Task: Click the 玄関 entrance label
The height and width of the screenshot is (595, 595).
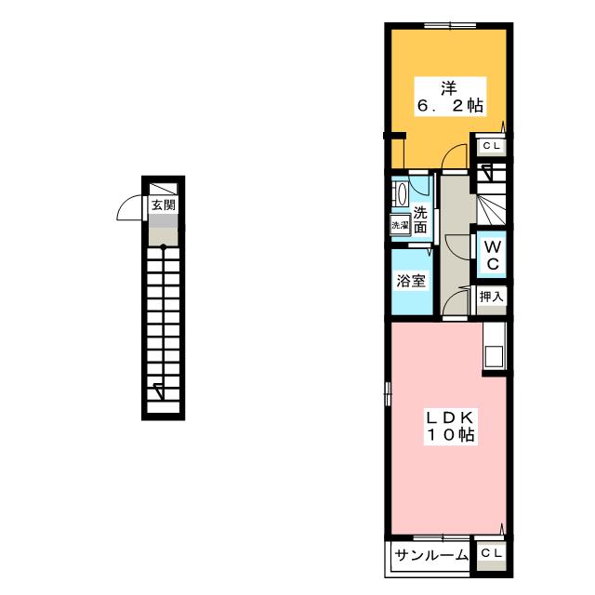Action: tap(163, 205)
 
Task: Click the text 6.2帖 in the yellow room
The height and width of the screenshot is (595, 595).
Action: tap(448, 108)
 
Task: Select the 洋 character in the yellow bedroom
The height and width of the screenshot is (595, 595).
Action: tap(449, 89)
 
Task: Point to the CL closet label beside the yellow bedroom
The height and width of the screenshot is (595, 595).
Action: tap(492, 146)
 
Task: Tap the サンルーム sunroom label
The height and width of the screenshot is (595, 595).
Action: tap(430, 556)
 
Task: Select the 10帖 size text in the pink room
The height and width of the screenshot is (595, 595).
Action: tap(450, 434)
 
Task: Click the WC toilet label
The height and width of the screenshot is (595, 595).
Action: tap(493, 256)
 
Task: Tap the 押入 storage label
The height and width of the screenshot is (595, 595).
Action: tap(492, 297)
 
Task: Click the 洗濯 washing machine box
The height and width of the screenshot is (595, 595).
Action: tap(400, 225)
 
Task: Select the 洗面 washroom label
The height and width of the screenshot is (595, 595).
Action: tap(421, 218)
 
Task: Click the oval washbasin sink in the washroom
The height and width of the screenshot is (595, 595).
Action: tap(401, 195)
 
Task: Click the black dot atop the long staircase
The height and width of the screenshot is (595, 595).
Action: tap(163, 247)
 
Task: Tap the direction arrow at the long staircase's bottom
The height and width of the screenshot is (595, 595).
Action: tap(159, 390)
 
